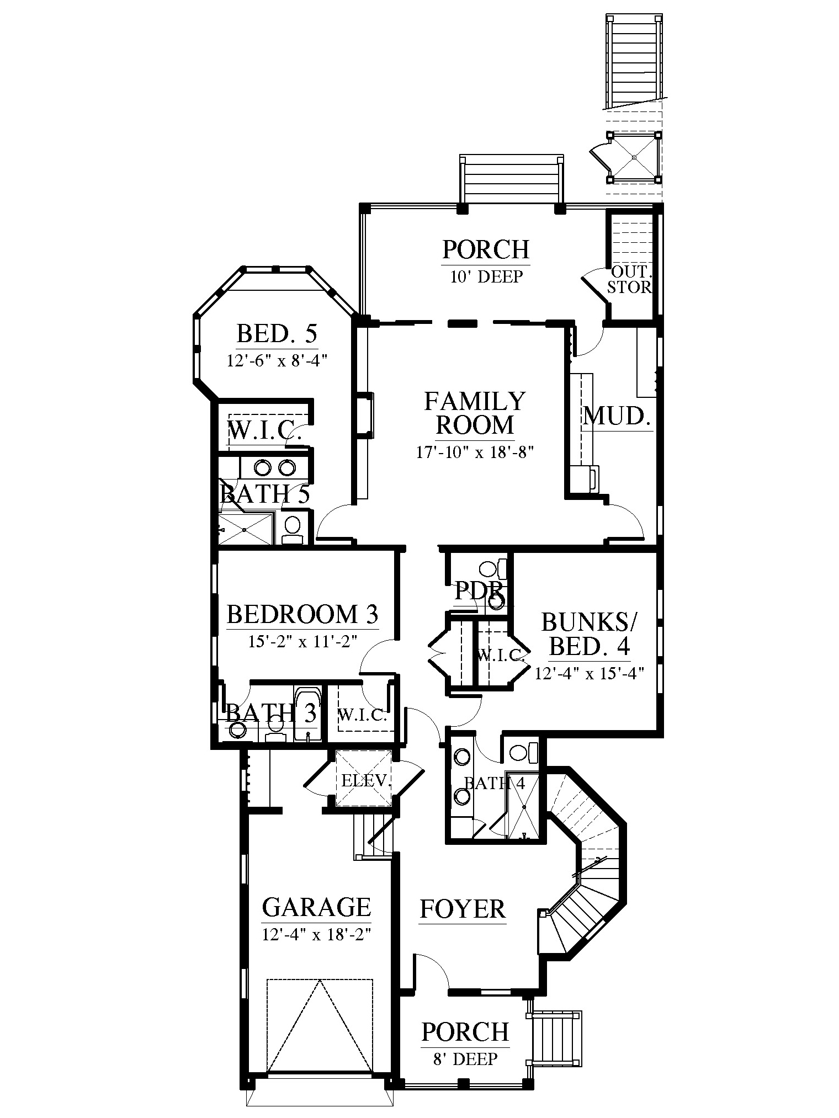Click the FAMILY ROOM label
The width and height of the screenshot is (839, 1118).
pyautogui.click(x=475, y=413)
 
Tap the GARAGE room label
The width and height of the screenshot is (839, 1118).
pyautogui.click(x=316, y=907)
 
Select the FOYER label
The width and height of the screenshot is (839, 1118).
pyautogui.click(x=463, y=909)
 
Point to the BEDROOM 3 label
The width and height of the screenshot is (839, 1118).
pyautogui.click(x=302, y=614)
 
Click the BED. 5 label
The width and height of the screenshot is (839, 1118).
pyautogui.click(x=277, y=334)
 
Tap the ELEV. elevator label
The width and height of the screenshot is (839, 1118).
pyautogui.click(x=366, y=781)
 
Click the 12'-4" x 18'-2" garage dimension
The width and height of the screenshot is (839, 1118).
pyautogui.click(x=316, y=934)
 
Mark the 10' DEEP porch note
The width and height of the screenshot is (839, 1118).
pyautogui.click(x=486, y=276)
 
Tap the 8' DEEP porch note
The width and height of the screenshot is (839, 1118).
pyautogui.click(x=465, y=1059)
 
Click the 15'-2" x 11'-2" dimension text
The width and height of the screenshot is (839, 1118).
pyautogui.click(x=302, y=641)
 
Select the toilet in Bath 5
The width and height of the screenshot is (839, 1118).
pyautogui.click(x=292, y=529)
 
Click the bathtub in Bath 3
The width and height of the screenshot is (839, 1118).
pyautogui.click(x=307, y=714)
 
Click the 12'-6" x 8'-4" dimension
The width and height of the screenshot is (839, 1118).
pyautogui.click(x=277, y=361)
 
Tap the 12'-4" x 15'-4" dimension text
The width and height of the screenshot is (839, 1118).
pyautogui.click(x=590, y=673)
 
